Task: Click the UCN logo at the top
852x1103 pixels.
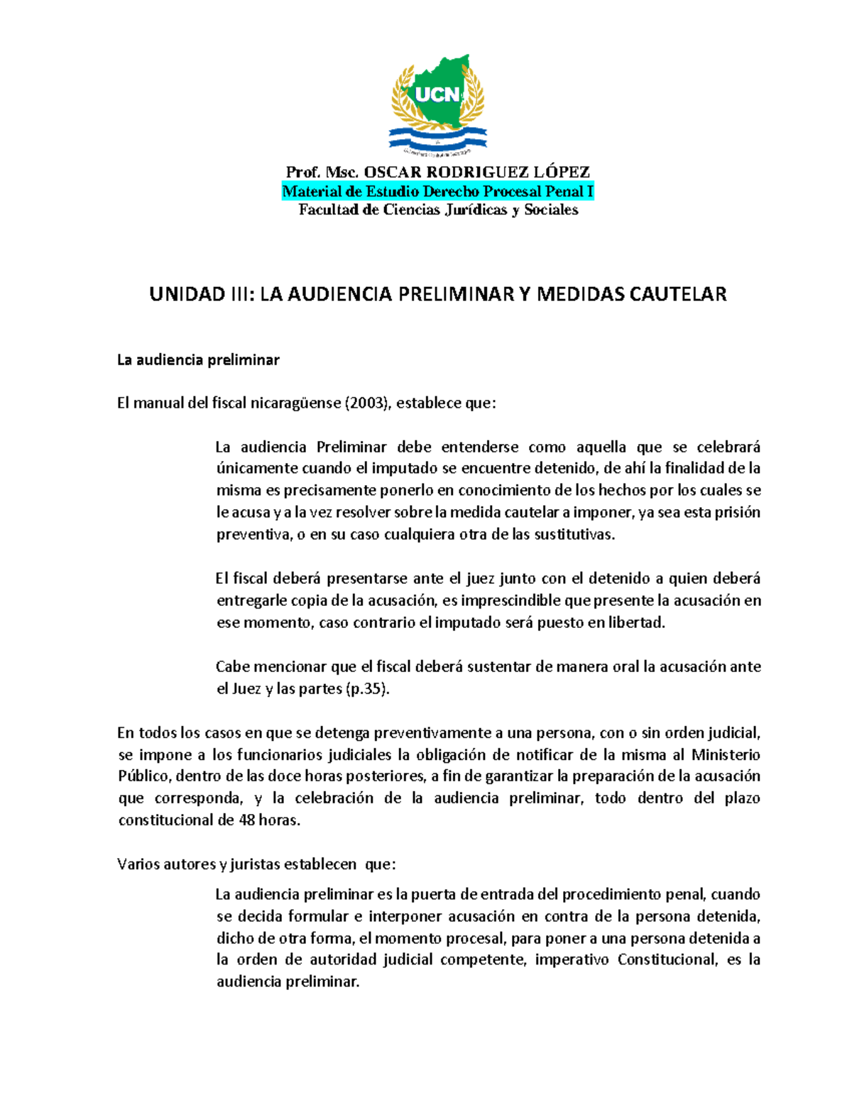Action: pos(438,104)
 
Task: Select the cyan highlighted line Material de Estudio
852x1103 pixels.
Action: pos(437,191)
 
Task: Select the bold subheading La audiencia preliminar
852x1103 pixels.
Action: pos(198,360)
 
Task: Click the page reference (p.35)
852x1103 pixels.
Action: pos(367,689)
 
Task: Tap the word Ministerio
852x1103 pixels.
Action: pos(726,755)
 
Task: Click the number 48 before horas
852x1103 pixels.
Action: pos(246,820)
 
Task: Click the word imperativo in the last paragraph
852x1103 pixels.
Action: pos(572,960)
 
